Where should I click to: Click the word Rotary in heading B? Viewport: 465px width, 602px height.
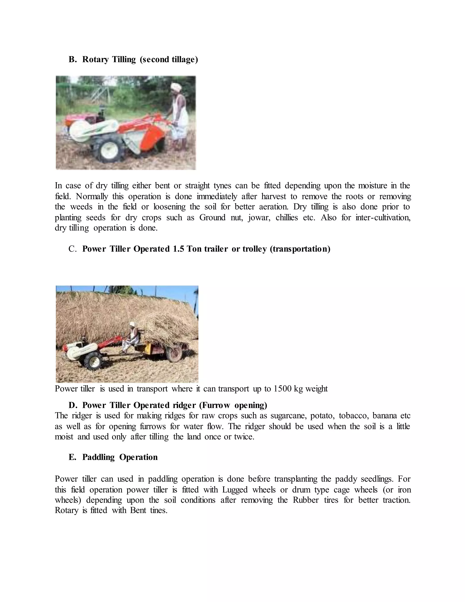(x=95, y=60)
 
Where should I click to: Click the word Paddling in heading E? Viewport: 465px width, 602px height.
(x=98, y=457)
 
